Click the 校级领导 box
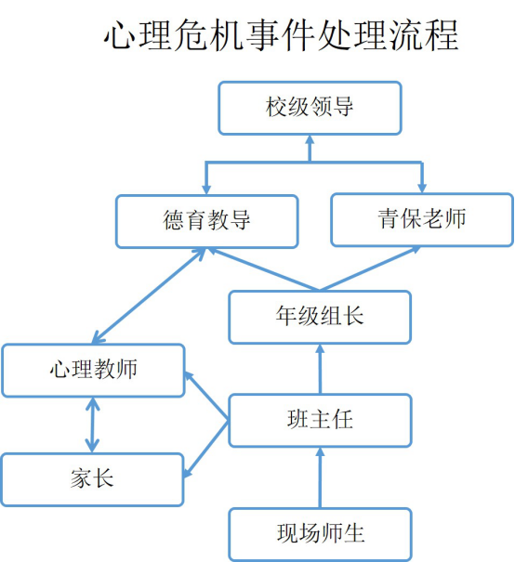coord(310,108)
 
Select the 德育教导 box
coord(207,221)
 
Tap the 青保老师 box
coord(422,220)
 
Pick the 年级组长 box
coord(320,317)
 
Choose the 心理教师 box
coord(93,371)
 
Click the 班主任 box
coord(320,420)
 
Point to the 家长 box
coord(92,479)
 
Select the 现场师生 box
coord(320,534)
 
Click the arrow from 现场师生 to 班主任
coord(320,477)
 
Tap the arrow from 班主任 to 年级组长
coord(320,369)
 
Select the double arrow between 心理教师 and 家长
coord(93,425)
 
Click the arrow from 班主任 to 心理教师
coord(206,396)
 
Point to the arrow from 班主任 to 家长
coord(205,449)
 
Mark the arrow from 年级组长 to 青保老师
coord(370,268)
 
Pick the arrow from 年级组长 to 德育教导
coord(264,268)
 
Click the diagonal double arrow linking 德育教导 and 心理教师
coord(149,295)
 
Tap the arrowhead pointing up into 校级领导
coord(310,140)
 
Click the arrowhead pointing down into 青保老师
coord(422,188)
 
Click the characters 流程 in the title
coord(424,35)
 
